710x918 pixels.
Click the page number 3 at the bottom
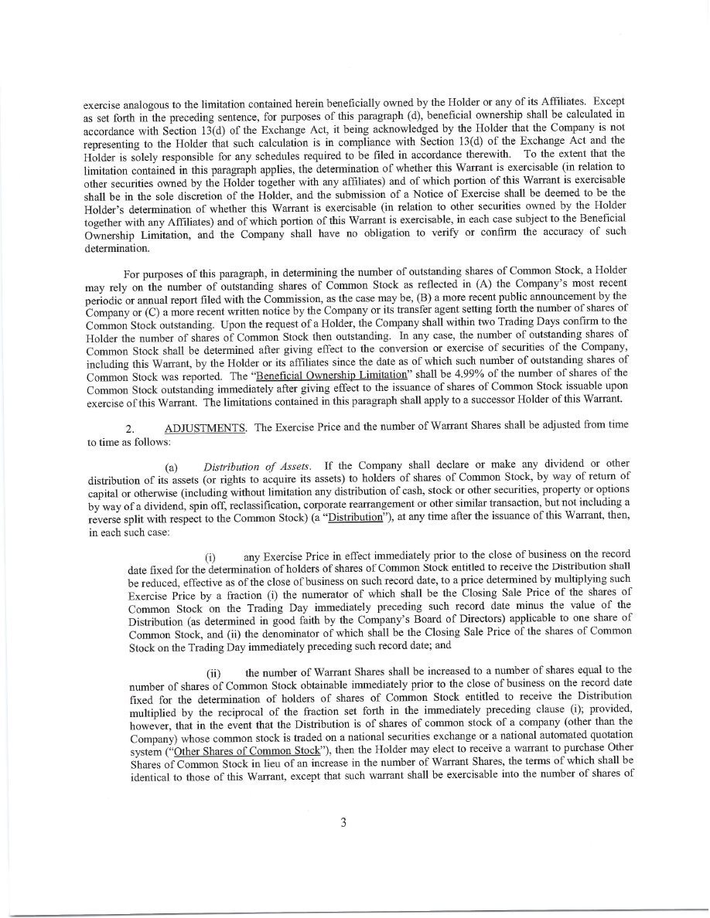coord(342,822)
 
